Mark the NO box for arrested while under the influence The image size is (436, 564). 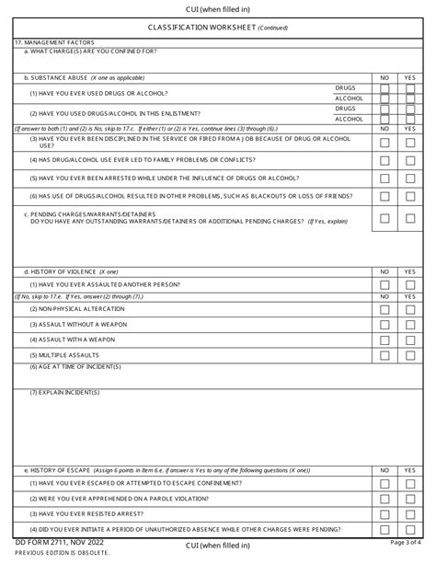385,178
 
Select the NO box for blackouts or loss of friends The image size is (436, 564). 385,196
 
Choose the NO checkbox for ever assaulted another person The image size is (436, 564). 385,284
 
